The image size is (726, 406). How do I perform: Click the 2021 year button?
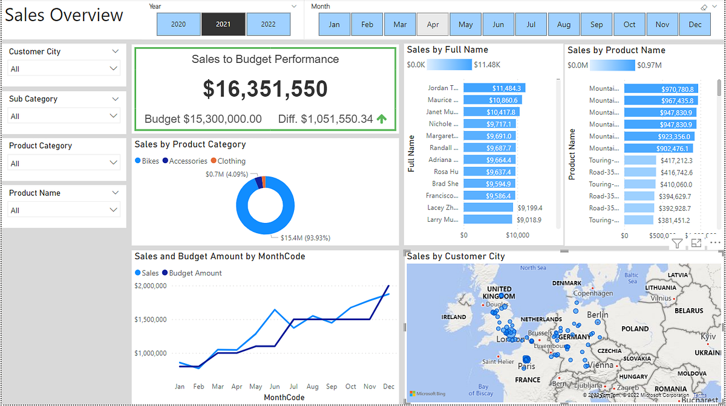coord(223,24)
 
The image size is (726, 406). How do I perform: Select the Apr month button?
coord(433,25)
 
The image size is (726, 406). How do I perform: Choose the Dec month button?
coord(695,25)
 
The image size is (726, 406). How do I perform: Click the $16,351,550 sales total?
coord(265,89)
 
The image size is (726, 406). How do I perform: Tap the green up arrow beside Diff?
coord(382,119)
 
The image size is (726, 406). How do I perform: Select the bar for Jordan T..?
coord(493,88)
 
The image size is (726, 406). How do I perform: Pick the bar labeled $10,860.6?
coord(491,100)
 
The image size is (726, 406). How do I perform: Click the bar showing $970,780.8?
coord(661,89)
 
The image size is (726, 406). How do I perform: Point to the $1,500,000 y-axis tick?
coord(150,319)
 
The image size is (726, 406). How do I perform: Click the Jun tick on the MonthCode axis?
coord(275,387)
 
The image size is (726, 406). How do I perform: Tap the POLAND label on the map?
coord(635,329)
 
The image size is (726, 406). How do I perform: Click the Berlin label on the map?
coord(597,315)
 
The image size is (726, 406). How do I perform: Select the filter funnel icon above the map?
coord(677,243)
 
